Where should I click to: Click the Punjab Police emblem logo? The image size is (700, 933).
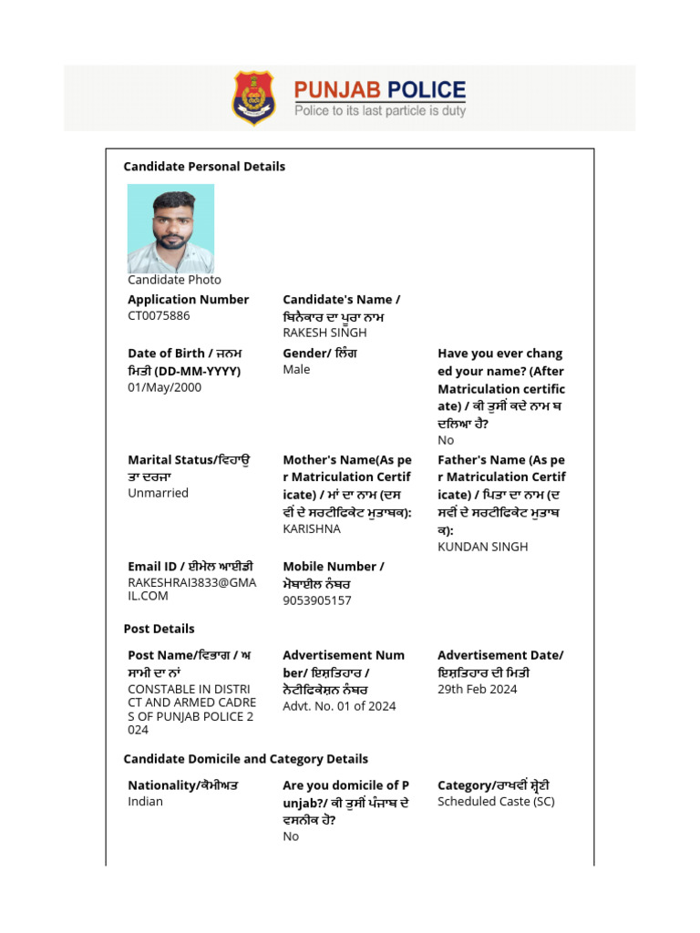pyautogui.click(x=253, y=97)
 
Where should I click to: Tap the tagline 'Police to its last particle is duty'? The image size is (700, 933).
pyautogui.click(x=379, y=111)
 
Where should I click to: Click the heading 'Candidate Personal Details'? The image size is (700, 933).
pyautogui.click(x=204, y=167)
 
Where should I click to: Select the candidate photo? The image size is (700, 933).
pyautogui.click(x=170, y=229)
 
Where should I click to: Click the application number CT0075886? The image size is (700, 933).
pyautogui.click(x=159, y=316)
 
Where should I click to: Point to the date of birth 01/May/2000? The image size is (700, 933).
pyautogui.click(x=164, y=387)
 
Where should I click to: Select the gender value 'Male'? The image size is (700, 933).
pyautogui.click(x=296, y=370)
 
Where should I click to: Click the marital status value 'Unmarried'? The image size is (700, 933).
pyautogui.click(x=158, y=493)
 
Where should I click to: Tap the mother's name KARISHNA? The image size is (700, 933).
pyautogui.click(x=312, y=528)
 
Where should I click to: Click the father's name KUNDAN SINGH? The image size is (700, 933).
pyautogui.click(x=482, y=547)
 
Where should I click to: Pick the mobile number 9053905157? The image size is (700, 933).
pyautogui.click(x=316, y=600)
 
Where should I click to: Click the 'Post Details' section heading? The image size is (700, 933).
pyautogui.click(x=159, y=629)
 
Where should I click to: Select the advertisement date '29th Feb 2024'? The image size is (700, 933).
pyautogui.click(x=477, y=690)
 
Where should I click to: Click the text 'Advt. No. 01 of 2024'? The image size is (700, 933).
pyautogui.click(x=339, y=706)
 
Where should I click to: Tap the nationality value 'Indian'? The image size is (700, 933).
pyautogui.click(x=145, y=802)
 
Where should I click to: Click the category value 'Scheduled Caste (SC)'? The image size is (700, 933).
pyautogui.click(x=496, y=802)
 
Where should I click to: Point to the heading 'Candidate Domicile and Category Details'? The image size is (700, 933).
pyautogui.click(x=246, y=759)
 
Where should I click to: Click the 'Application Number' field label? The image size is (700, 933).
pyautogui.click(x=188, y=300)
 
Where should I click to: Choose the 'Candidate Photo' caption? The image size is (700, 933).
pyautogui.click(x=174, y=280)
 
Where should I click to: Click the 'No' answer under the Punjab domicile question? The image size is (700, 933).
pyautogui.click(x=291, y=836)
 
